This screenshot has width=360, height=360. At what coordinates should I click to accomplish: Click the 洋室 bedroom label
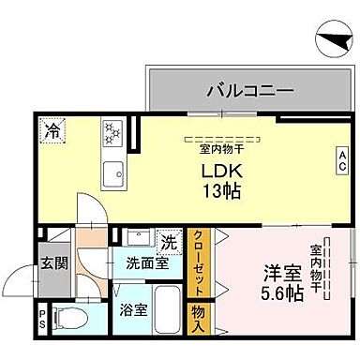click(281, 275)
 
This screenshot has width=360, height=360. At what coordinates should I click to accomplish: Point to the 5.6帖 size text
click(281, 293)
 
